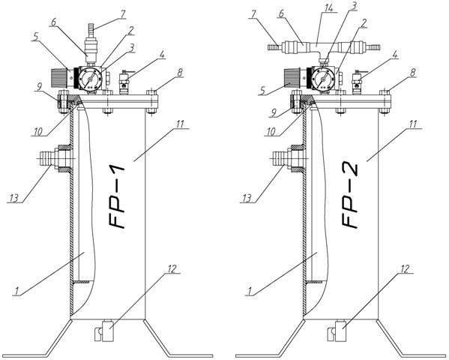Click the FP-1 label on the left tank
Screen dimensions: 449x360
[116, 196]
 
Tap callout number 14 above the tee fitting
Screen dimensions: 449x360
[329, 7]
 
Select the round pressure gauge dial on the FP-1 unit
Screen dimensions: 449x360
[91, 77]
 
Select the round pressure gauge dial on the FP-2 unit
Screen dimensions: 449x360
[324, 77]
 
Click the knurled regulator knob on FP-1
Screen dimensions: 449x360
[59, 78]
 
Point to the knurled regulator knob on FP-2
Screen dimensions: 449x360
[292, 78]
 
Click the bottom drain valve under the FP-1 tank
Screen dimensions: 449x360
[104, 331]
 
